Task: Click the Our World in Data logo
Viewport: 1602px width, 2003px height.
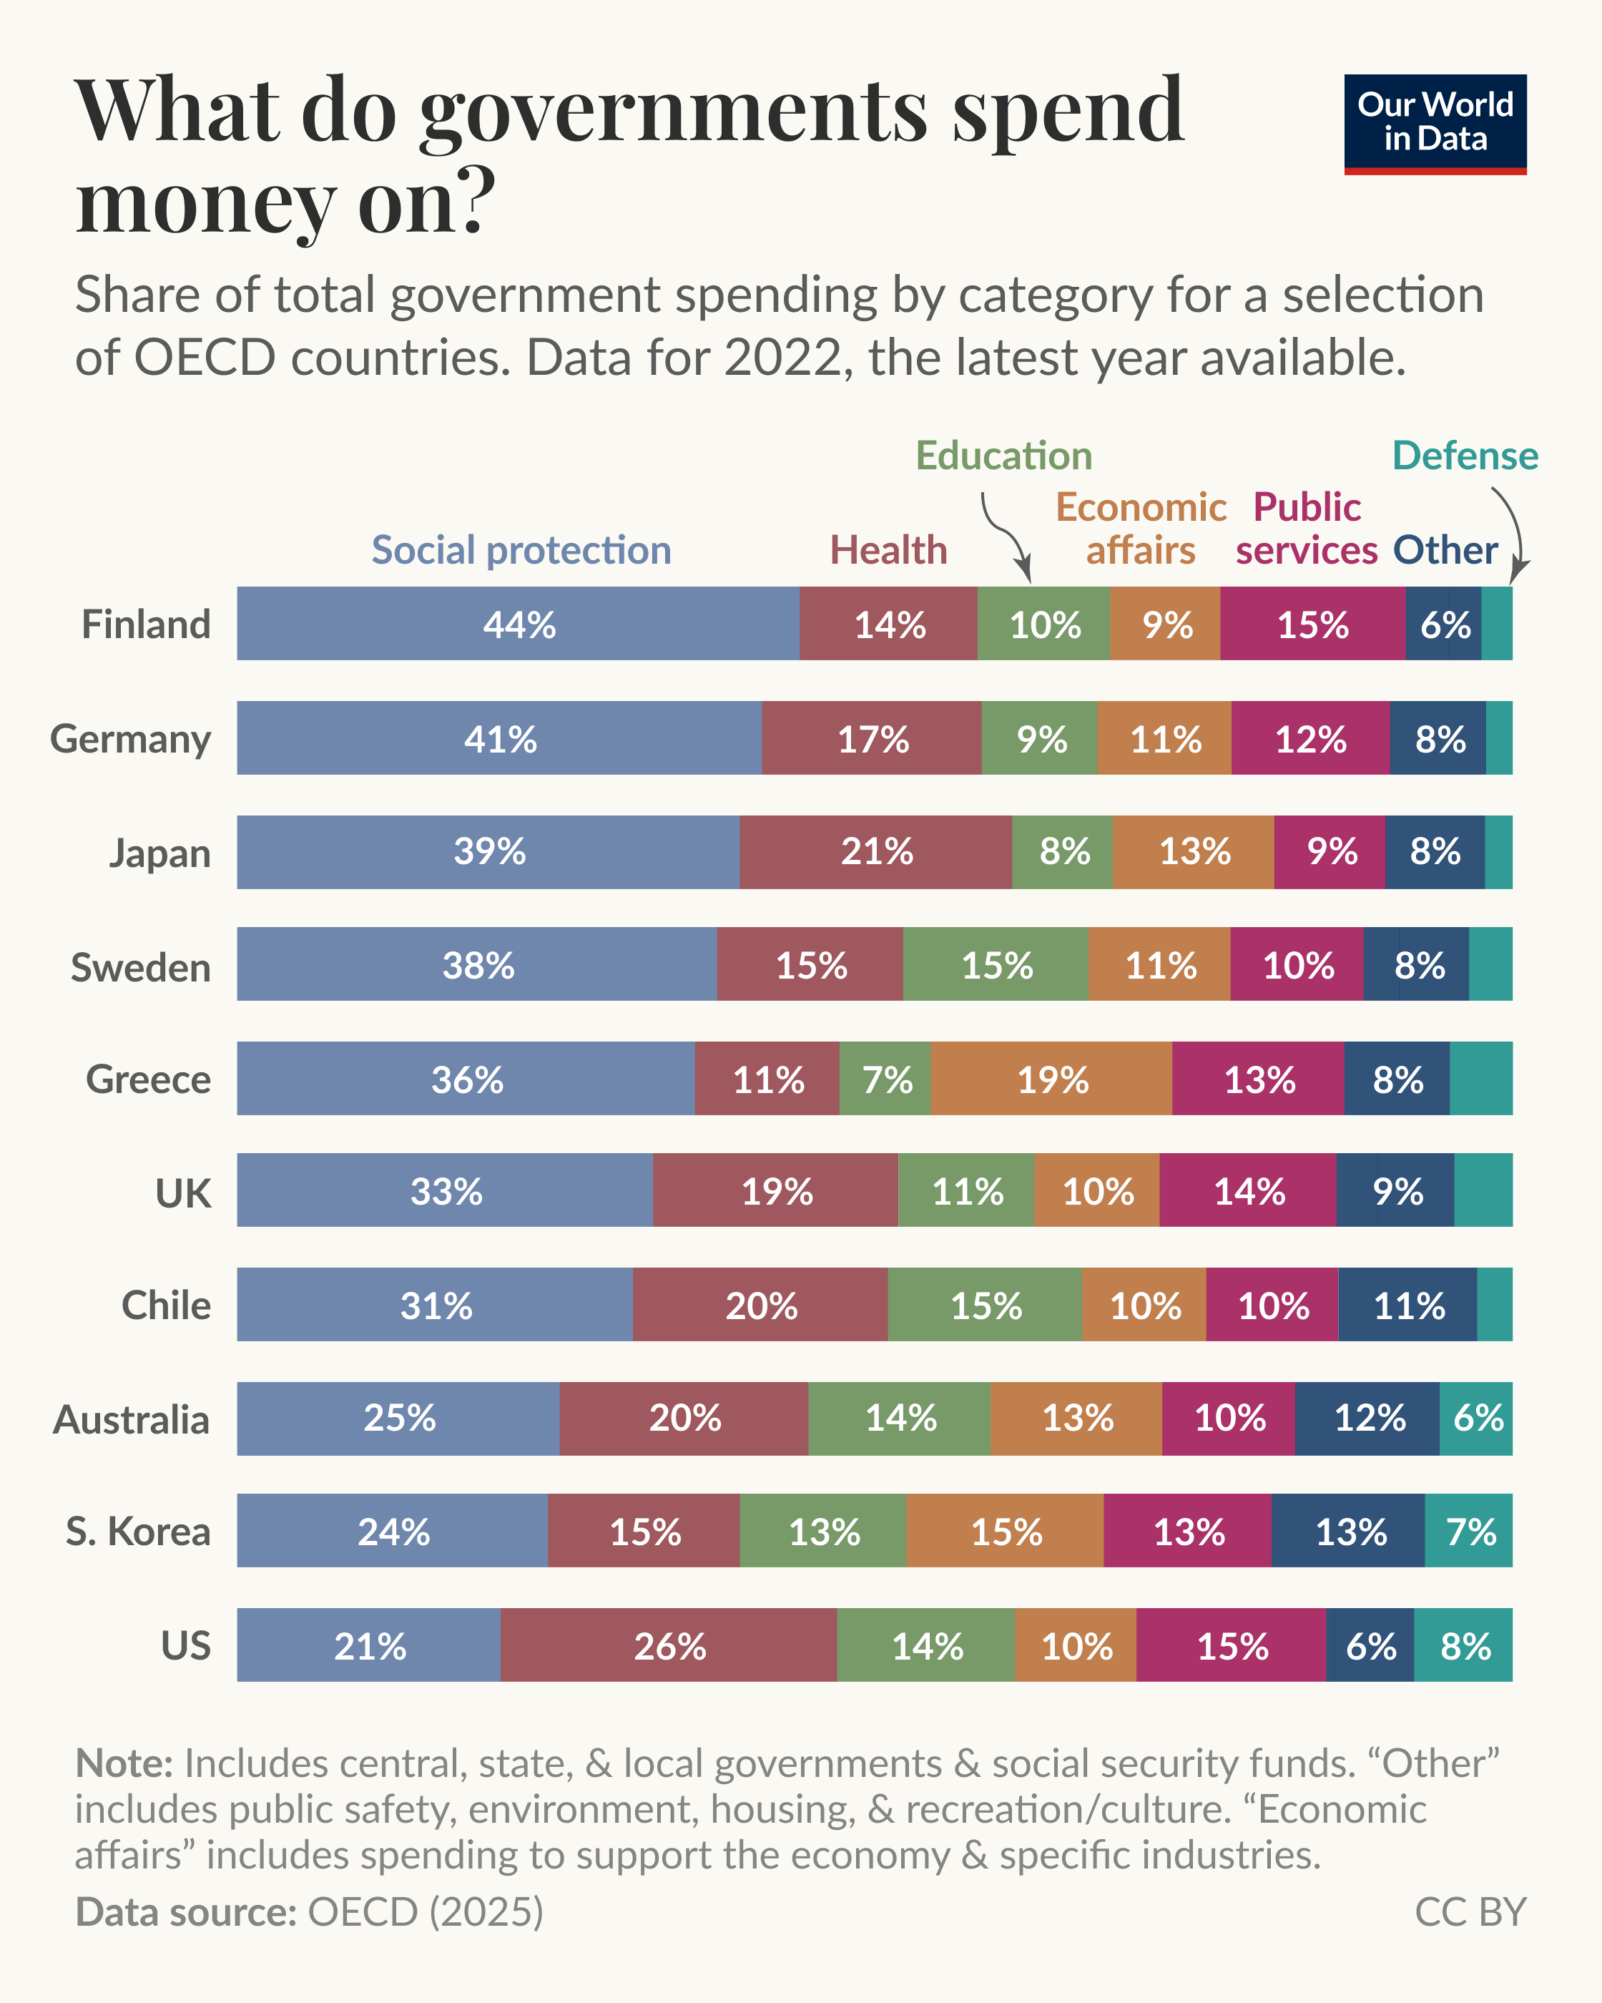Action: [1435, 124]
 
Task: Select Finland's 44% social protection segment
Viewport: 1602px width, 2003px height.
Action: [519, 623]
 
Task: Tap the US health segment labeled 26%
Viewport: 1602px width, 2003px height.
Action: [669, 1646]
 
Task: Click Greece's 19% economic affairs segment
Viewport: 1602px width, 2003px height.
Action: [1051, 1079]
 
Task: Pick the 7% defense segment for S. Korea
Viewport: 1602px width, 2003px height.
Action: [1468, 1531]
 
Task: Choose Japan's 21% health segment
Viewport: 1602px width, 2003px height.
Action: [876, 852]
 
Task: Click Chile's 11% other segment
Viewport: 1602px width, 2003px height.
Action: [1408, 1304]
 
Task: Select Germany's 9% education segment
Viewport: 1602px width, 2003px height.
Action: [1039, 738]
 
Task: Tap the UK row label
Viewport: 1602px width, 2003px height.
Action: [183, 1192]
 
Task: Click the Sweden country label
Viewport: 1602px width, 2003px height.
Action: [141, 966]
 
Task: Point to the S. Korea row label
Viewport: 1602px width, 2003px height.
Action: [138, 1531]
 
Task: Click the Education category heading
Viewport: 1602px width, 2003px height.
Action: [1003, 455]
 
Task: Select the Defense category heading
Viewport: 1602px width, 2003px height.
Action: [1465, 455]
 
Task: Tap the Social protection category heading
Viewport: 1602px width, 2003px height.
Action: [521, 550]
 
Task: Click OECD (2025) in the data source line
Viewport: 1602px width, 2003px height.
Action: [424, 1912]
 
